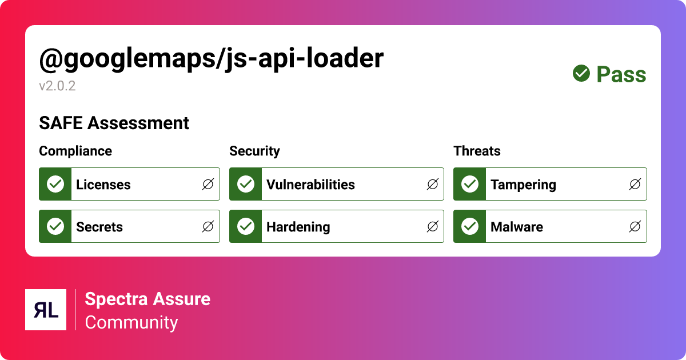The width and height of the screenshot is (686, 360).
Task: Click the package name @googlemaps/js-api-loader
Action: point(211,59)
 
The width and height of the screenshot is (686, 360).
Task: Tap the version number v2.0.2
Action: point(57,86)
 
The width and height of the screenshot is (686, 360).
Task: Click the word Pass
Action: point(621,75)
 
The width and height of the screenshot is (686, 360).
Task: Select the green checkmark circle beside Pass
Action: point(581,73)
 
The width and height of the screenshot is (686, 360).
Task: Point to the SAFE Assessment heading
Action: point(114,123)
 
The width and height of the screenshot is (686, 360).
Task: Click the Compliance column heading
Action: point(75,151)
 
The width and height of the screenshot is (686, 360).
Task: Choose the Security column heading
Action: point(254,151)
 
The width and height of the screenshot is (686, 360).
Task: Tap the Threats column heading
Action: point(477,151)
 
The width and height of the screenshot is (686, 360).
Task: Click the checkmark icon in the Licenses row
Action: point(55,184)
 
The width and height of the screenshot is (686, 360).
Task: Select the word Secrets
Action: point(99,227)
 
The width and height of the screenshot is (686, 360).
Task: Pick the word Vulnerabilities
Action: point(310,185)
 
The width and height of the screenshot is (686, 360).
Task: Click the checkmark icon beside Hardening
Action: point(246,226)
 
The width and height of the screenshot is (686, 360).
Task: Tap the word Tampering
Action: point(523,185)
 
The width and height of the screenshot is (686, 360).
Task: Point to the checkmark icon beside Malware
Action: point(470,226)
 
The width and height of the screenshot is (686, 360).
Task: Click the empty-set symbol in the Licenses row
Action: point(208,184)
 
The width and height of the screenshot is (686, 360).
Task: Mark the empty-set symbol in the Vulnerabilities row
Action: point(433,184)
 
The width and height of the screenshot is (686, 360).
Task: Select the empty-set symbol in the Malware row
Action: point(635,226)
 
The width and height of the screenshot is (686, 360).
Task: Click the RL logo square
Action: point(46,310)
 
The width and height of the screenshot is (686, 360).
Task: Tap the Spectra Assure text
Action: point(147,299)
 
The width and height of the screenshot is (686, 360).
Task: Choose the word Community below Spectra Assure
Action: point(131,322)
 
